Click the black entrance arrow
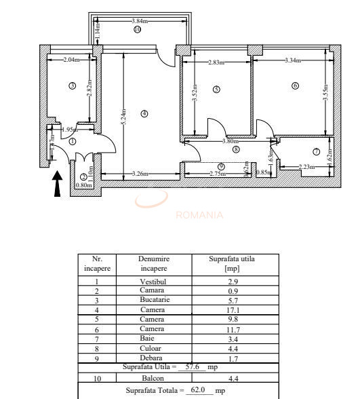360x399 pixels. (58, 183)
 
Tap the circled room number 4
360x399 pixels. (144, 113)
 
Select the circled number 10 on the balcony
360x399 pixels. (137, 29)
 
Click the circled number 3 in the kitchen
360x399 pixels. (71, 85)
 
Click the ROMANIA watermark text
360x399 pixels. (199, 216)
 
